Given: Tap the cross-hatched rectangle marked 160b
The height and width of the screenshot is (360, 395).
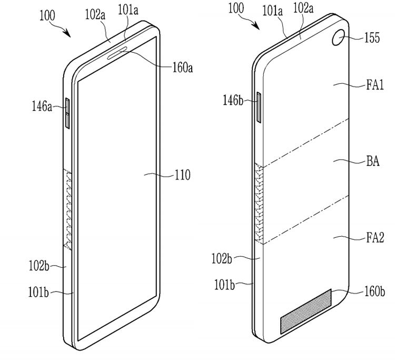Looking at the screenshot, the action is pyautogui.click(x=306, y=312).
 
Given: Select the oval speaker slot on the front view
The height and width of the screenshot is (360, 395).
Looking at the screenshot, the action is pyautogui.click(x=117, y=53).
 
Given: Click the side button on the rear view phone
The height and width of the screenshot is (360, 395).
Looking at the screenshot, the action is pyautogui.click(x=259, y=107).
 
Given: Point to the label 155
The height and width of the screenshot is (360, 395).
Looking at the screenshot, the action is pyautogui.click(x=372, y=38).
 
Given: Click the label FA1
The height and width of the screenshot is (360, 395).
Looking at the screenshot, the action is pyautogui.click(x=375, y=85).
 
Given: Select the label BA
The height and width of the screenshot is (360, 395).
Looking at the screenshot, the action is pyautogui.click(x=373, y=161).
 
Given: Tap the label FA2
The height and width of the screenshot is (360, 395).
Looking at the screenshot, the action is pyautogui.click(x=375, y=238).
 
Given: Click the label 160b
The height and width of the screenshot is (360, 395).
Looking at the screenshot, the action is pyautogui.click(x=374, y=291).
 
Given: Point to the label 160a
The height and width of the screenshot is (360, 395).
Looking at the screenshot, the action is pyautogui.click(x=182, y=67).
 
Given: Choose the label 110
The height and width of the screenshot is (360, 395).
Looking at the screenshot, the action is pyautogui.click(x=182, y=174).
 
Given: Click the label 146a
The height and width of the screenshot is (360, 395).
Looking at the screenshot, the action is pyautogui.click(x=42, y=105).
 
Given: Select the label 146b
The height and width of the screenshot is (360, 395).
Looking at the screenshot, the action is pyautogui.click(x=233, y=100).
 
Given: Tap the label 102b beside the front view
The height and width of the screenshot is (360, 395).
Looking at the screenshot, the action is pyautogui.click(x=39, y=266).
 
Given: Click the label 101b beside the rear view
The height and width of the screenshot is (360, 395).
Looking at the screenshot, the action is pyautogui.click(x=224, y=285).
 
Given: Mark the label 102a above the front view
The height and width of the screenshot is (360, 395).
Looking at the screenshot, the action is pyautogui.click(x=95, y=14).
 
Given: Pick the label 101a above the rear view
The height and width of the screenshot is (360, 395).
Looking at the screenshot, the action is pyautogui.click(x=273, y=11).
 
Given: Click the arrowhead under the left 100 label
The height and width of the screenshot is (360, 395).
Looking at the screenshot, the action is pyautogui.click(x=67, y=33).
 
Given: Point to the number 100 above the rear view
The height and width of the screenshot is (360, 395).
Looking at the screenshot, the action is pyautogui.click(x=236, y=8).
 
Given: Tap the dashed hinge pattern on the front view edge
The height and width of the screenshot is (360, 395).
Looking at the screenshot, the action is pyautogui.click(x=68, y=210).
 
